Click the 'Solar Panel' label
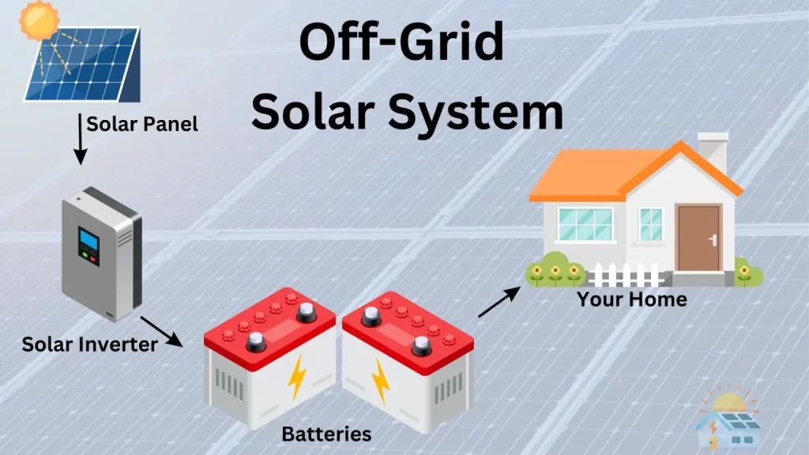141,124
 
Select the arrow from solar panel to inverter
79,138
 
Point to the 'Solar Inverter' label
89,344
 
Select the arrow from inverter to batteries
161,331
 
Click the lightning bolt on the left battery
297,378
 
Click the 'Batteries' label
326,433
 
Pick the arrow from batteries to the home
499,302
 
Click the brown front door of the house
698,237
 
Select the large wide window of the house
585,224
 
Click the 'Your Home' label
631,299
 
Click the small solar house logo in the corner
727,419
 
